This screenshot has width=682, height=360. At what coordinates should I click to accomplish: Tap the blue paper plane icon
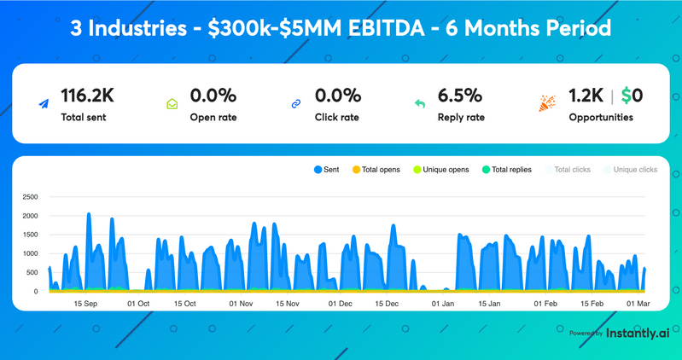[44, 104]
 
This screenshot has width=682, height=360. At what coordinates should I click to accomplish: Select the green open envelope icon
[172, 104]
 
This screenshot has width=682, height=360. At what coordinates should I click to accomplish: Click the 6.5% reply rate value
[460, 95]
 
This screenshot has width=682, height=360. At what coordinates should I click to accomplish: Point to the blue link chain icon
[296, 104]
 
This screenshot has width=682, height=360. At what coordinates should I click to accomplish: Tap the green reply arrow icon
[420, 104]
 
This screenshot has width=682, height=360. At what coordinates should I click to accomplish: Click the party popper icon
[547, 103]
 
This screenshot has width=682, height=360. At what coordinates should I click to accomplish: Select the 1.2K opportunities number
[586, 95]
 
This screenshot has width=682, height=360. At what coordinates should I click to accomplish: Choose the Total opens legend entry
[376, 170]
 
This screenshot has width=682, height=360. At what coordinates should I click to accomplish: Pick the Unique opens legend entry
[441, 170]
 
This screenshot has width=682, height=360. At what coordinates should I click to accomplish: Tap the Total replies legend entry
[507, 170]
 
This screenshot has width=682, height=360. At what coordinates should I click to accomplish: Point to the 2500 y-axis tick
[30, 197]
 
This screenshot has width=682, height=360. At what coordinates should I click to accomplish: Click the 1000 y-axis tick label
[30, 254]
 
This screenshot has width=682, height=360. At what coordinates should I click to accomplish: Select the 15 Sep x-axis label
[86, 304]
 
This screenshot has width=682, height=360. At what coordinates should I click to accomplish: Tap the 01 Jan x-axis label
[442, 304]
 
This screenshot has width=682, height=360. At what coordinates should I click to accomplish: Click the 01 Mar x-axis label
[638, 304]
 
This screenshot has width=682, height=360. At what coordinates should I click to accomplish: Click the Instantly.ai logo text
[638, 333]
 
